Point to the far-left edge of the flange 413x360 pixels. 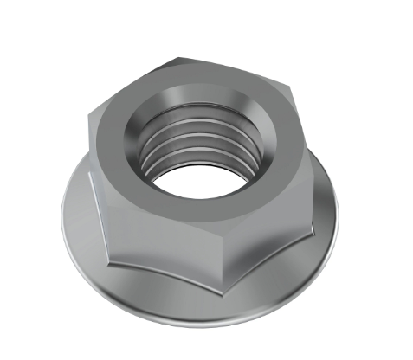[58, 208]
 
